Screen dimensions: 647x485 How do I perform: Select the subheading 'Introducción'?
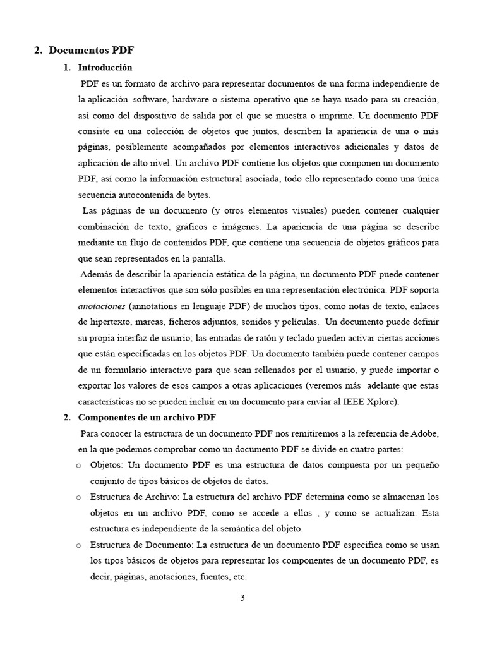coord(105,67)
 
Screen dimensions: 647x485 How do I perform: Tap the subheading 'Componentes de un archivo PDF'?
coord(148,417)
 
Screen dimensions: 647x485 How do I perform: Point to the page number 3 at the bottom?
coord(242,599)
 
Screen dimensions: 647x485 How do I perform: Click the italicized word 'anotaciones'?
coord(102,306)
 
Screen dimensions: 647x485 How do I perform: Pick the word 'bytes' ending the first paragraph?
coord(196,194)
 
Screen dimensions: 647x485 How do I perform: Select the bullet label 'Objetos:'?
coord(107,465)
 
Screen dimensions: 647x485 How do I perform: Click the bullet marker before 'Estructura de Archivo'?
coord(78,497)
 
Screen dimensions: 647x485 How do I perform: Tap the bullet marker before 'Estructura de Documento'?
coord(78,545)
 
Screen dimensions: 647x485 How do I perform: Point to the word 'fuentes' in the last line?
coord(214,576)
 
